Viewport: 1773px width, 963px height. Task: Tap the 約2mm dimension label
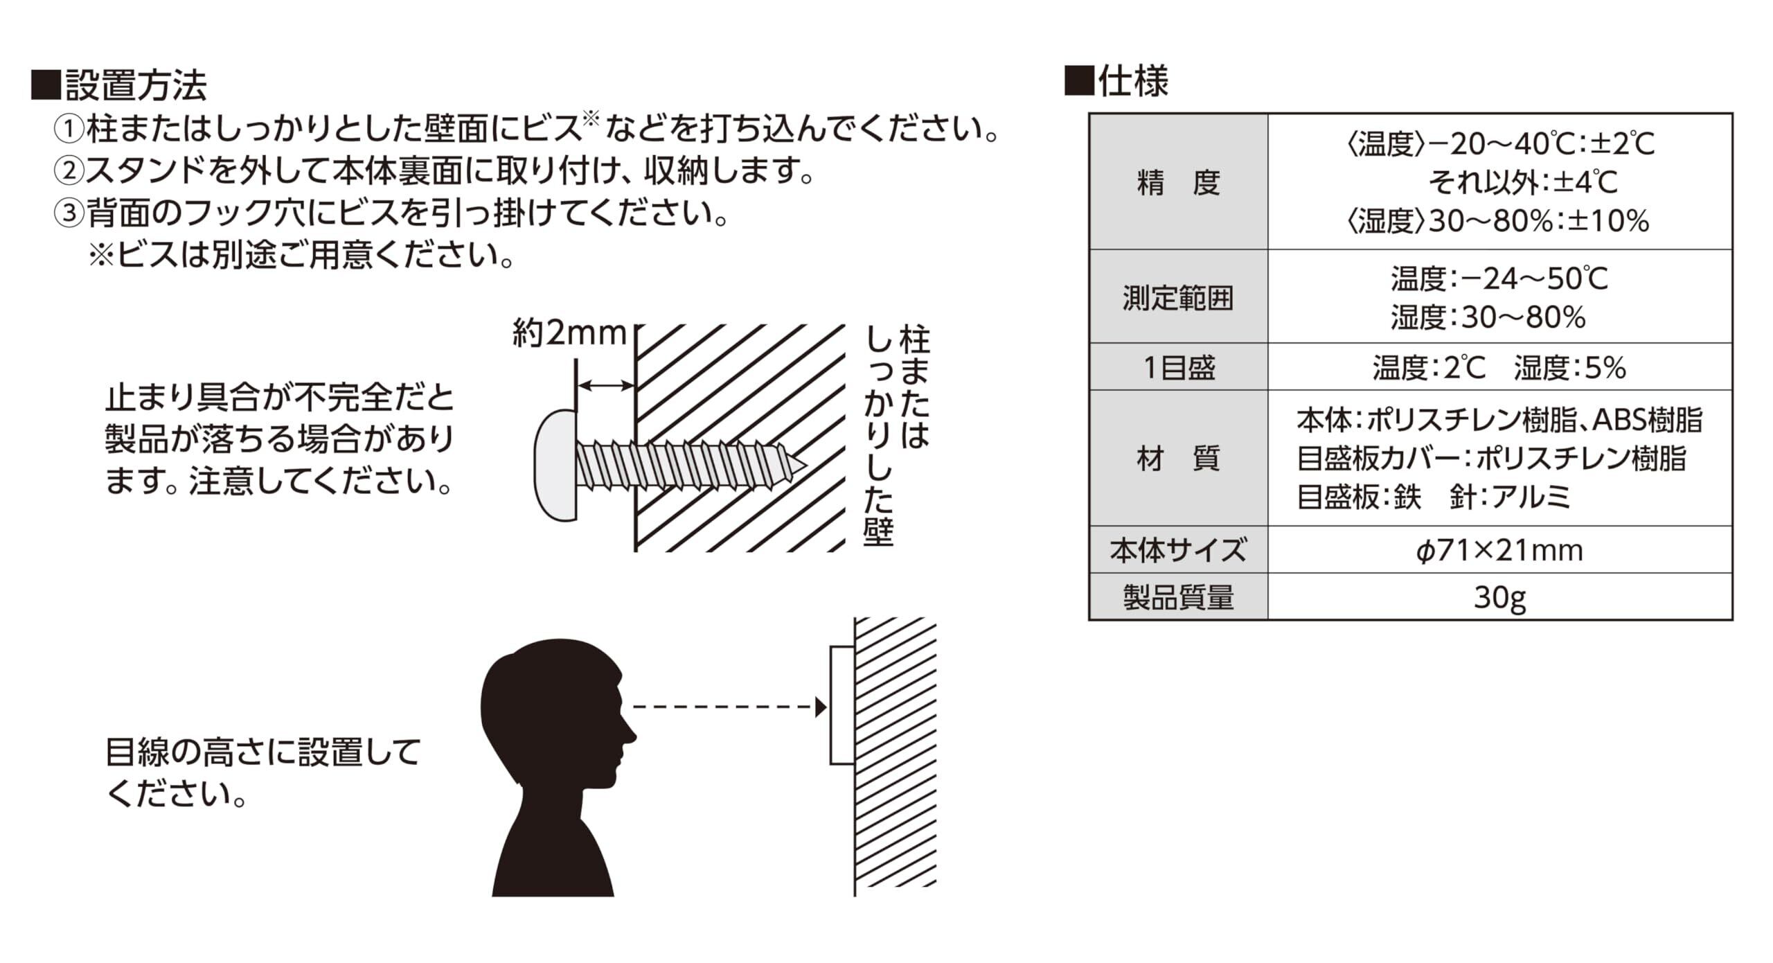569,334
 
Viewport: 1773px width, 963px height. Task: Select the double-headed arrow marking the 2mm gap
605,386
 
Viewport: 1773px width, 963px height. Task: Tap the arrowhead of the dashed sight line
821,707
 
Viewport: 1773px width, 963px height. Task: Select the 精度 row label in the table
1178,182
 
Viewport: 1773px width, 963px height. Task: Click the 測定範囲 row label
1178,298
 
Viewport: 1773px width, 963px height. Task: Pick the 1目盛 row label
1178,367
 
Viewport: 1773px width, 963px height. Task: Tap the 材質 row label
1178,459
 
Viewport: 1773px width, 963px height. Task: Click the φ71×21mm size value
1499,551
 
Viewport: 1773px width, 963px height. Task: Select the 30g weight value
1499,597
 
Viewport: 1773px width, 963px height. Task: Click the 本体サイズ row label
1178,551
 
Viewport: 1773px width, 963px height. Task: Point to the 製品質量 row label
1178,597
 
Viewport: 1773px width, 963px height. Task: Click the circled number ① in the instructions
69,129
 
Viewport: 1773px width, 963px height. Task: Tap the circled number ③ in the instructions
69,213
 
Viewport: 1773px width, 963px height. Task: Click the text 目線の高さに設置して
263,752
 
